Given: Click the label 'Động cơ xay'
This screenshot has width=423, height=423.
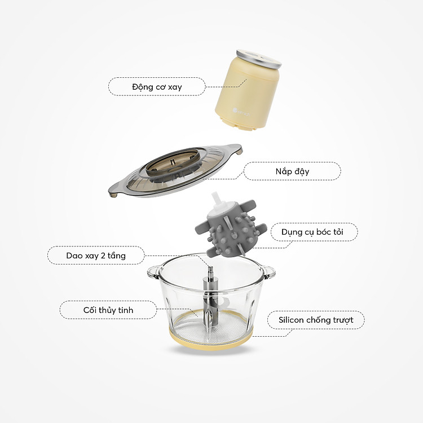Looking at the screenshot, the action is tap(157, 87).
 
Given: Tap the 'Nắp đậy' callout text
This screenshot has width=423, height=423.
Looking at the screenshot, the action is tap(292, 171).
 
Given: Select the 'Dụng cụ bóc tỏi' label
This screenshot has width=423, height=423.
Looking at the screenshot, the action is tap(312, 232).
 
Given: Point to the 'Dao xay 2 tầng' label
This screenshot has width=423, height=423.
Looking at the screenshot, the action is tap(96, 255).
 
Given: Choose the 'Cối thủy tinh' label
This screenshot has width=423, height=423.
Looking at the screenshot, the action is tap(108, 310).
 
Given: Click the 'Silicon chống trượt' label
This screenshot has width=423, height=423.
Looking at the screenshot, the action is tap(316, 320).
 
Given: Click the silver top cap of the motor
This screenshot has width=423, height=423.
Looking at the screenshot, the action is tap(259, 59).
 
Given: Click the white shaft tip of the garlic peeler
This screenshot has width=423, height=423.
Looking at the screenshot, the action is tap(216, 199).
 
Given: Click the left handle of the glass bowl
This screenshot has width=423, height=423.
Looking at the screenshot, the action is tap(154, 272).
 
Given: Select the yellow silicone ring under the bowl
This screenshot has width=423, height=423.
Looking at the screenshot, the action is tap(211, 341).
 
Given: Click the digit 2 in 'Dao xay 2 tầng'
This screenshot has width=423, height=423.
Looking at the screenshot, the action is tap(103, 255).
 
